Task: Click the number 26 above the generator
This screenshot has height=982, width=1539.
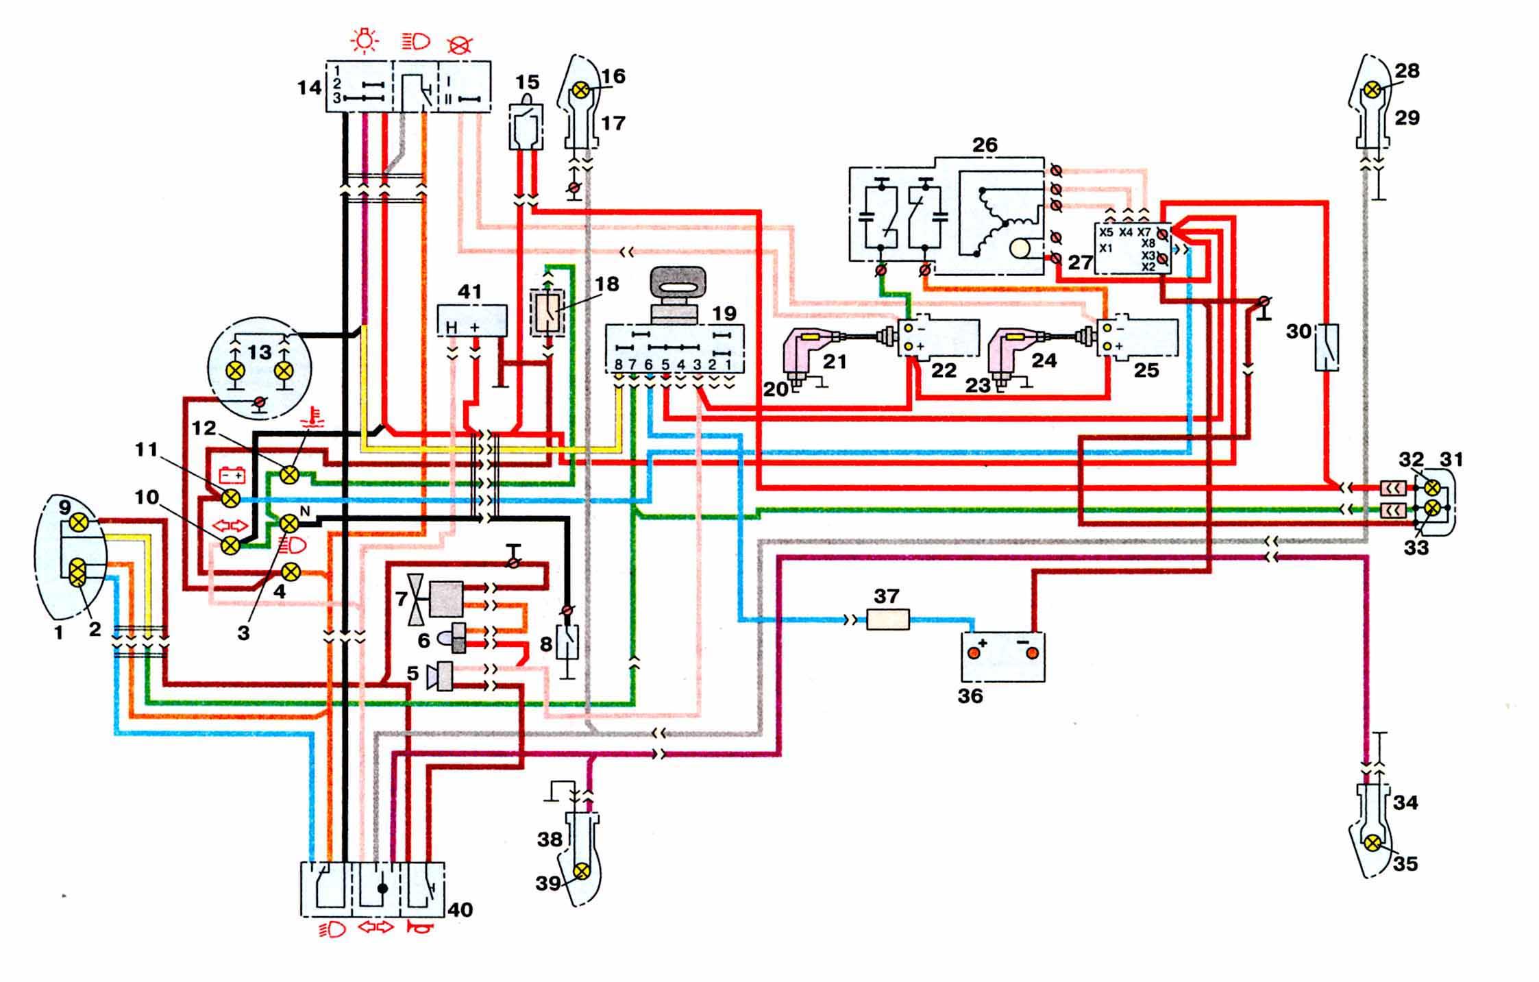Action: (x=985, y=145)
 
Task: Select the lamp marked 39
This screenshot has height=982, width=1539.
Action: (x=582, y=871)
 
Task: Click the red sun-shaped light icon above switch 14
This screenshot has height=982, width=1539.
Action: (x=364, y=42)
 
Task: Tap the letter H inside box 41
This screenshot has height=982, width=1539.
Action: (x=451, y=329)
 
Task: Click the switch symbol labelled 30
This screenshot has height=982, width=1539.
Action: (x=1327, y=347)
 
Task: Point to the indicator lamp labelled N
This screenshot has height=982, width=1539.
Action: (x=290, y=524)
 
